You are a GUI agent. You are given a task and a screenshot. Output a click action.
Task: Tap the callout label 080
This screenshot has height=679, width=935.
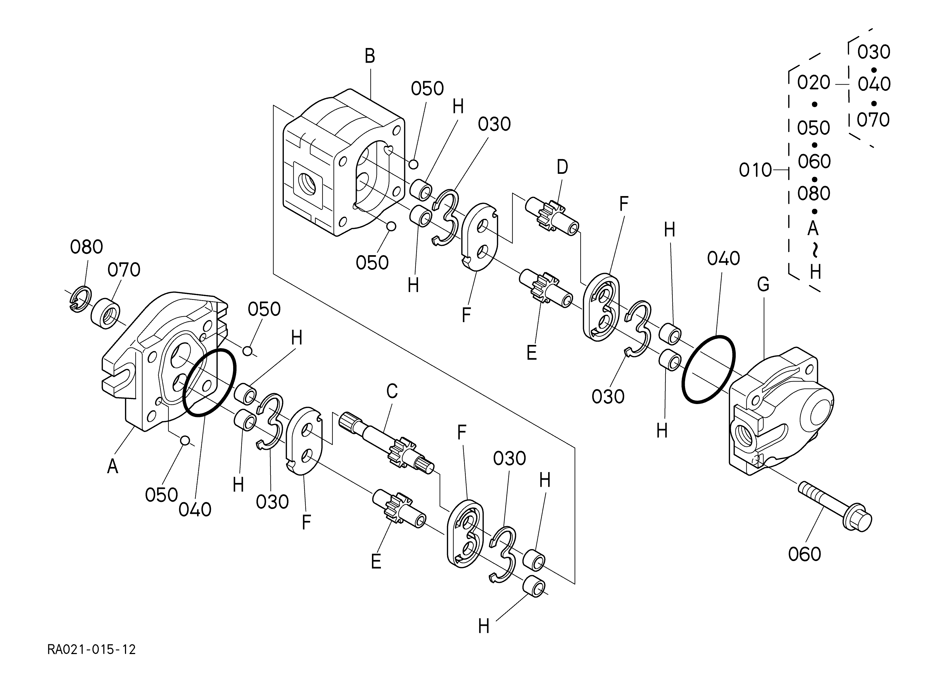[x=86, y=247]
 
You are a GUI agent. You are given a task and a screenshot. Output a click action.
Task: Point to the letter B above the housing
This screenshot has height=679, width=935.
[x=370, y=56]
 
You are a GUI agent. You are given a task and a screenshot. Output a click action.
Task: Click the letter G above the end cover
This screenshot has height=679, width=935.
[x=763, y=284]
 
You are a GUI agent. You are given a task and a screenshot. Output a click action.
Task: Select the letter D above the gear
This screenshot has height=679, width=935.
[x=562, y=167]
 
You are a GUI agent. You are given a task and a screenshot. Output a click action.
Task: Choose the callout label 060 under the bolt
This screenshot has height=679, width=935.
[x=805, y=554]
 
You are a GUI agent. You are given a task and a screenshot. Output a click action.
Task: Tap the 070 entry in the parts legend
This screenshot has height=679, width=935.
[x=873, y=120]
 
